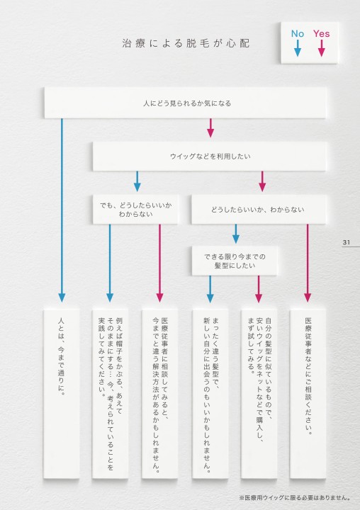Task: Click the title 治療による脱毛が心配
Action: tap(186, 43)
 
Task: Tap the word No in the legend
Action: tap(297, 33)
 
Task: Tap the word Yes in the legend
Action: tap(322, 33)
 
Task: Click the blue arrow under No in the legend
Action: tap(298, 48)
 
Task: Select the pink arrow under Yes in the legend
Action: tap(322, 48)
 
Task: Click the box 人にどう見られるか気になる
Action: tap(186, 103)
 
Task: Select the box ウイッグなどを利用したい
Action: tap(210, 156)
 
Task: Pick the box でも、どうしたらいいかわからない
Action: tap(135, 210)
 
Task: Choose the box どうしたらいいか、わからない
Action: tap(259, 210)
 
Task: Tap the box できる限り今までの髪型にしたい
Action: tap(235, 261)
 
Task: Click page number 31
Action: tap(347, 242)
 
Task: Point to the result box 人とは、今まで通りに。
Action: tap(62, 394)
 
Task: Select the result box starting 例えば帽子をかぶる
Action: tap(110, 394)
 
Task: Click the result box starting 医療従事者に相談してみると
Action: tap(159, 394)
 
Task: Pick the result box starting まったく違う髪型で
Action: tap(210, 394)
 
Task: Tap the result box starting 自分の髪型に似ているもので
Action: tap(259, 394)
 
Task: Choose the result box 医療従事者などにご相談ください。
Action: tap(308, 394)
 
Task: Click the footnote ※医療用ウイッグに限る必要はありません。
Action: tap(295, 498)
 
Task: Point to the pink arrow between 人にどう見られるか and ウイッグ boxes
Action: tap(210, 127)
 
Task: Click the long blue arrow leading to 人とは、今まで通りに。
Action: tap(62, 210)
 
